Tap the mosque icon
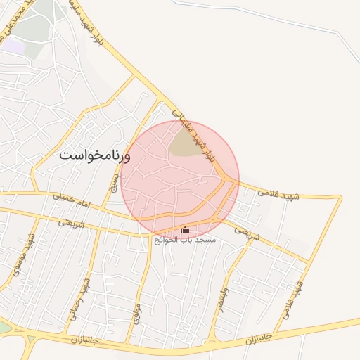(x=186, y=230)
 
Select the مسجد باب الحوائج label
(x=186, y=240)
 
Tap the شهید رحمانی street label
(x=82, y=300)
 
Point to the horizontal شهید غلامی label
(x=278, y=191)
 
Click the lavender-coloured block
(x=13, y=46)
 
